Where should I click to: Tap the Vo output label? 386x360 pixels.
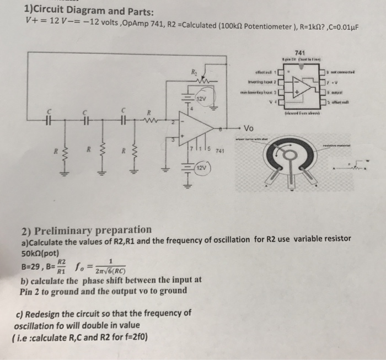point(249,126)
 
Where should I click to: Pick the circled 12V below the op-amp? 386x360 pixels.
point(201,166)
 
